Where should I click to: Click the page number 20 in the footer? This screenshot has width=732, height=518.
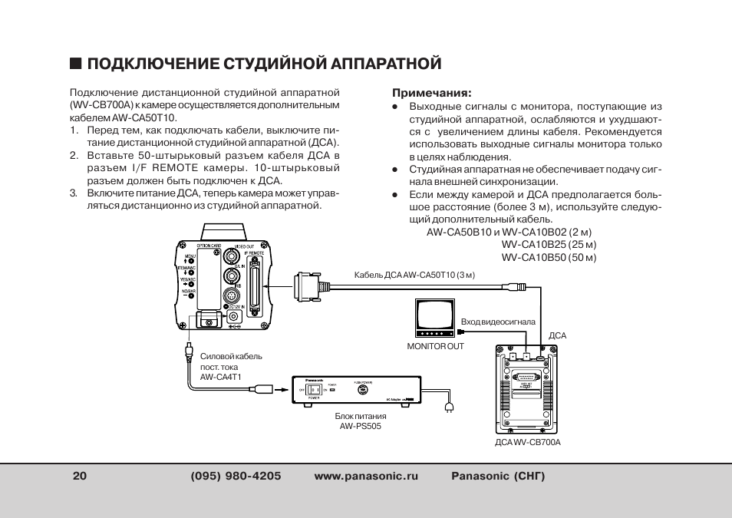pyautogui.click(x=79, y=476)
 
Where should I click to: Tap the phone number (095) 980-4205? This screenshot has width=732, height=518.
pyautogui.click(x=236, y=476)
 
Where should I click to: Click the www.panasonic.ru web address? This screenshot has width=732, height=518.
pyautogui.click(x=366, y=476)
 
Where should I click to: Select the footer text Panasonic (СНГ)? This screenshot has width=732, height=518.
pyautogui.click(x=497, y=476)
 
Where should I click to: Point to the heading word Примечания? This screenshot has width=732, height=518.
pyautogui.click(x=431, y=92)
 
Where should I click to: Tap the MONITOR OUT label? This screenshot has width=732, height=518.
pyautogui.click(x=435, y=347)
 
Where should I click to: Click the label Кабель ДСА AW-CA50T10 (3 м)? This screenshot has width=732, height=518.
pyautogui.click(x=414, y=275)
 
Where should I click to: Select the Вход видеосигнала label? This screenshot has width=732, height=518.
pyautogui.click(x=497, y=322)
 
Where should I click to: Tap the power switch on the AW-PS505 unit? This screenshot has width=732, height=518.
pyautogui.click(x=313, y=390)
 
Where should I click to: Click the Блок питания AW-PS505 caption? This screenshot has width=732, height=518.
pyautogui.click(x=360, y=421)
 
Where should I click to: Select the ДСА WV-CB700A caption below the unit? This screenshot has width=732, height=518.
pyautogui.click(x=527, y=443)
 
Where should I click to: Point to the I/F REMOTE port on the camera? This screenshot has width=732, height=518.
pyautogui.click(x=255, y=285)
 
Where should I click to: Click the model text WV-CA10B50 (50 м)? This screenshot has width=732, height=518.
pyautogui.click(x=549, y=257)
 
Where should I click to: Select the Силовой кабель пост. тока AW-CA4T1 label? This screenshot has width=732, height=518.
pyautogui.click(x=230, y=367)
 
